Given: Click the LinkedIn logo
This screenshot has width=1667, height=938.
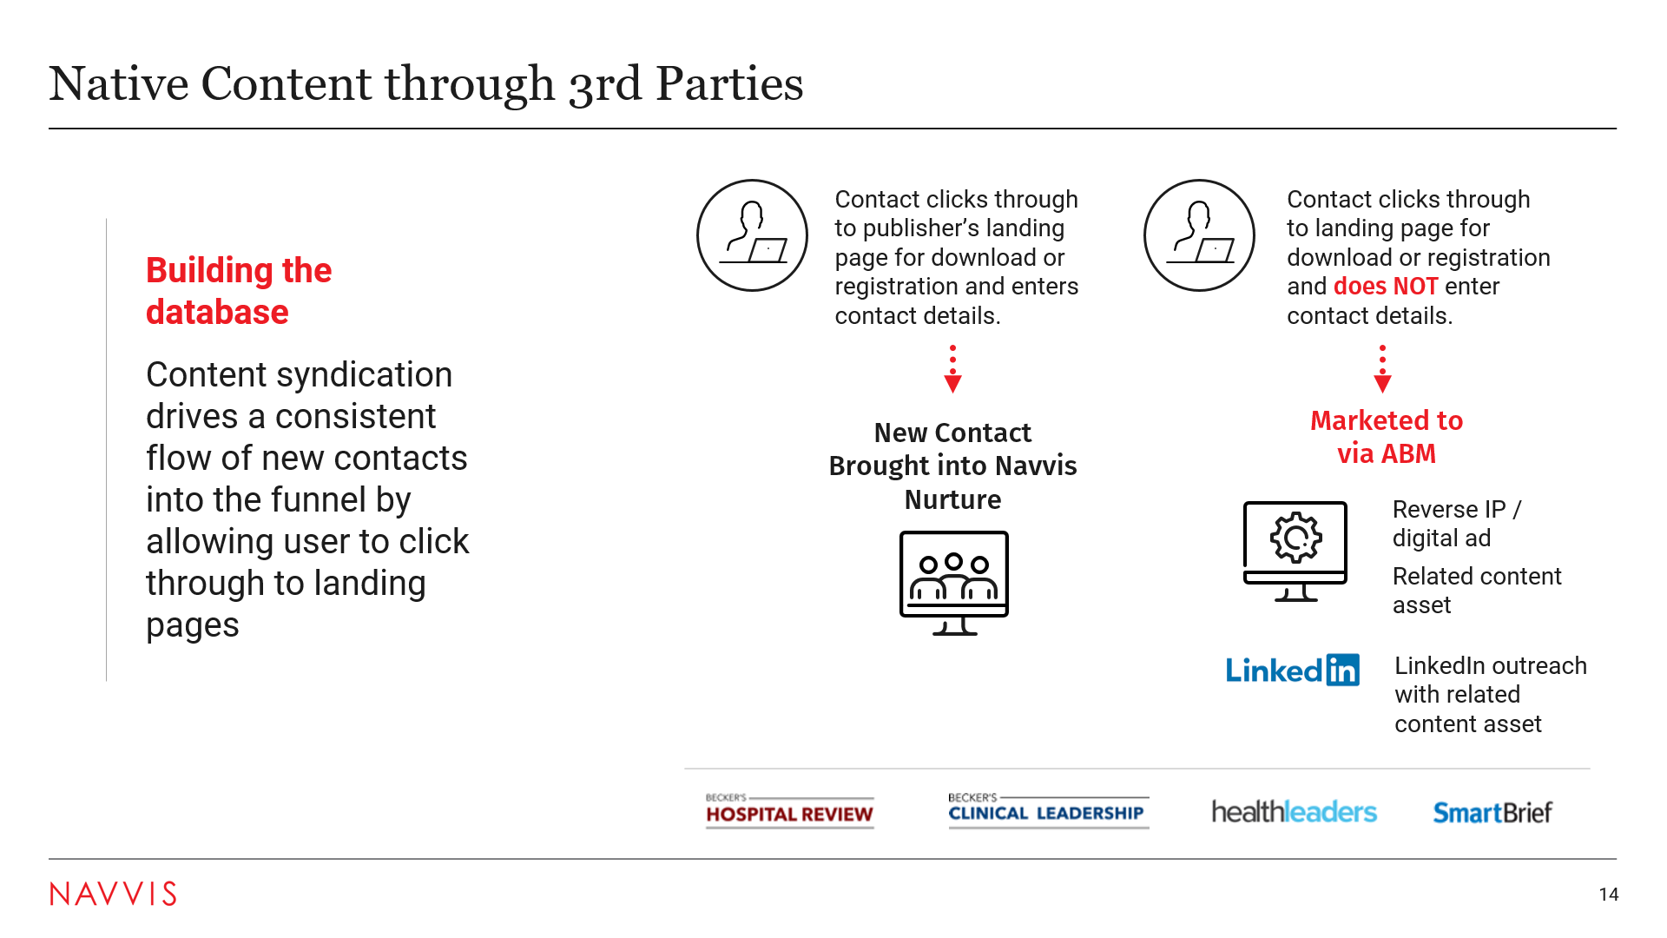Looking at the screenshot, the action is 1292,670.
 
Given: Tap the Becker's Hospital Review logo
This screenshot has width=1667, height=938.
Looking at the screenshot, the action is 789,811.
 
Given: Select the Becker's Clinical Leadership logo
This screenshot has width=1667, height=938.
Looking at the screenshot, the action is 1048,810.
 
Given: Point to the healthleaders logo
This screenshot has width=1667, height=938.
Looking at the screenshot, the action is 1294,812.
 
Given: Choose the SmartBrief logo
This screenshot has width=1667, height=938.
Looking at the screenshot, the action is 1492,813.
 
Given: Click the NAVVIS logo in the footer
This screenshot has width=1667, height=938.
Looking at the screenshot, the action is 113,894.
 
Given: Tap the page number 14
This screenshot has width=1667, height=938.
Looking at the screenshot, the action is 1609,895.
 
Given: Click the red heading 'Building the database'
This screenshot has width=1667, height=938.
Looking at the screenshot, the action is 239,291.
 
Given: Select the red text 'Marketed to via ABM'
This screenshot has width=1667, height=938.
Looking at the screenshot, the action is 1387,437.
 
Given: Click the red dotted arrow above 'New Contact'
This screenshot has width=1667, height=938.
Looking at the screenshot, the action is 952,369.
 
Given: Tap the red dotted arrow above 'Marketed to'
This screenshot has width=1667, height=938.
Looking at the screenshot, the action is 1383,369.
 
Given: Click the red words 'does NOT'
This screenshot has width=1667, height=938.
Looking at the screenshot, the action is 1386,287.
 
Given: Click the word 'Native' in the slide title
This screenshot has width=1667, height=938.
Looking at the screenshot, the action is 119,83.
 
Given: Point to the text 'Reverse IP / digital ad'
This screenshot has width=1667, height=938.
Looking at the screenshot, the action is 1457,524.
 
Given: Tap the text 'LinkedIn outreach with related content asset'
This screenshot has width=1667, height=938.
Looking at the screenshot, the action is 1491,695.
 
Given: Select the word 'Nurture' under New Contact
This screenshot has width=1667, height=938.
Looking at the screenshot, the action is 953,500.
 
